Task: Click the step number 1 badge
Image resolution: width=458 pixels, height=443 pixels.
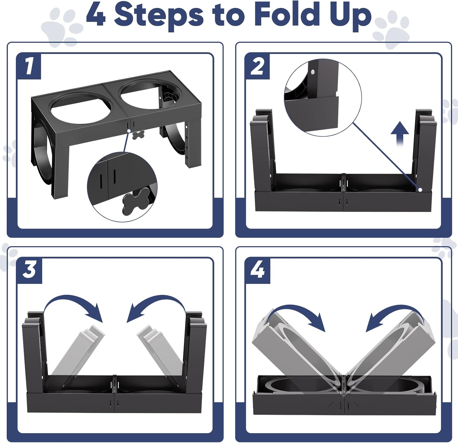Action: pyautogui.click(x=29, y=66)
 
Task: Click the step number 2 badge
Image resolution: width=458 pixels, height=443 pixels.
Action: pyautogui.click(x=257, y=66)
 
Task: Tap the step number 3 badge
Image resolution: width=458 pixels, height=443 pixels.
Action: pyautogui.click(x=29, y=270)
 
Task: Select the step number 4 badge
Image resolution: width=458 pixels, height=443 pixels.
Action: pyautogui.click(x=258, y=270)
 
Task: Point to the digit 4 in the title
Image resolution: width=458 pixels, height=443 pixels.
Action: pyautogui.click(x=96, y=14)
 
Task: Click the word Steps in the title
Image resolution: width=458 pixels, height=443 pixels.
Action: pyautogui.click(x=159, y=16)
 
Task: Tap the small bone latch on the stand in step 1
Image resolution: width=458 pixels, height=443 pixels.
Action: pyautogui.click(x=139, y=135)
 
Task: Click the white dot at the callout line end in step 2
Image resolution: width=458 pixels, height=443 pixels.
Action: pyautogui.click(x=420, y=190)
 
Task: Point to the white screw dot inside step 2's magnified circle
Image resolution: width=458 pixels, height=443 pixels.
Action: pyautogui.click(x=313, y=72)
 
